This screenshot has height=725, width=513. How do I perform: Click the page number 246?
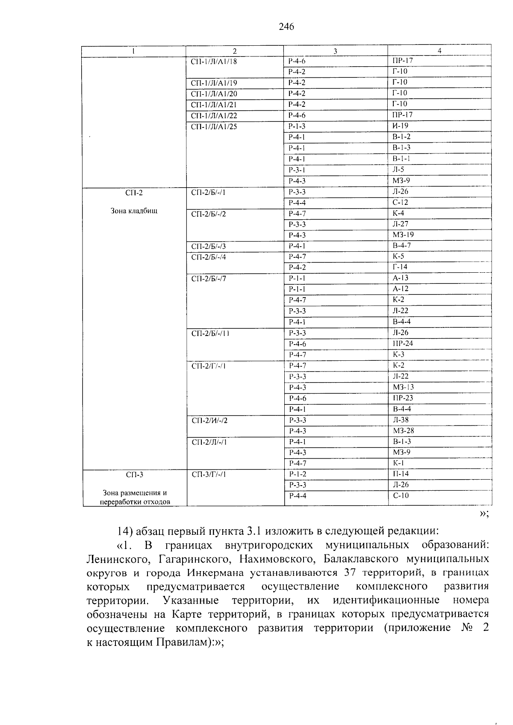pos(286,27)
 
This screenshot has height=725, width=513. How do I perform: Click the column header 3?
pos(335,51)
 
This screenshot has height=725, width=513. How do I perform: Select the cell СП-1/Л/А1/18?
pos(214,62)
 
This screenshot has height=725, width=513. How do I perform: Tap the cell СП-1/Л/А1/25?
pos(214,127)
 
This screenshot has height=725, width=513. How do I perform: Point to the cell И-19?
pos(401,126)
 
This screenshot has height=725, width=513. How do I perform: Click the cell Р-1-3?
pos(297,126)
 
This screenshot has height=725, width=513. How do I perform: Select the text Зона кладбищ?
pos(134,211)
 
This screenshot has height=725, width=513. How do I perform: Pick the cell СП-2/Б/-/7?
pos(209,279)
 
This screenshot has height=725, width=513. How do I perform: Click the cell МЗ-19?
pos(403,235)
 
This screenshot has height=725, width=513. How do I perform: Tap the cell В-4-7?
pos(402,245)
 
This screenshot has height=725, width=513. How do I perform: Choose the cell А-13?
pos(401,278)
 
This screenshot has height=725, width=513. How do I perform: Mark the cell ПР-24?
pos(403,343)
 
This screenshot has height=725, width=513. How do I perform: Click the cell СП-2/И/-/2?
pos(209,421)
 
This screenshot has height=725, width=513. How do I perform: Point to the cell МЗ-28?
pos(403,431)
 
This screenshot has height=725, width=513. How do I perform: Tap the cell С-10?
pos(401,495)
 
